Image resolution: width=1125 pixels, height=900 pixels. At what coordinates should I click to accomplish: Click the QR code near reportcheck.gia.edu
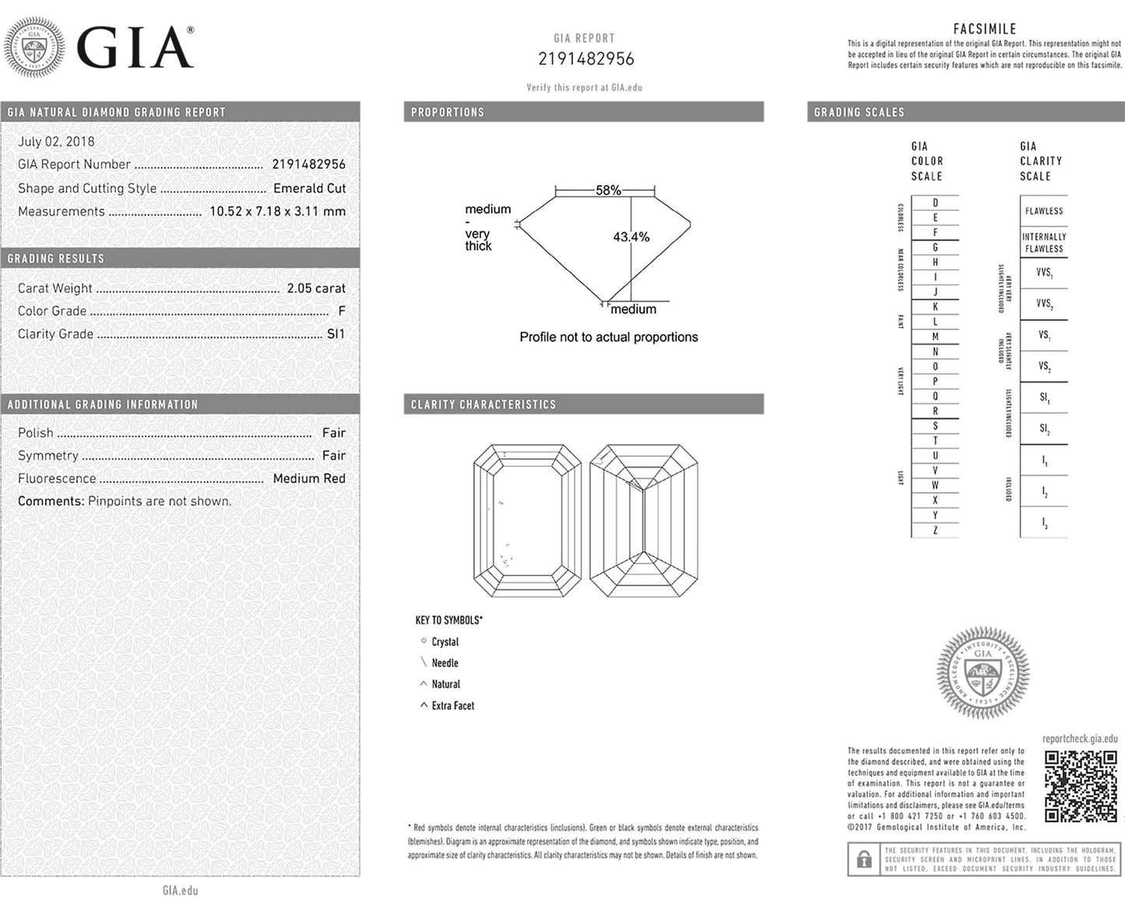point(1081,786)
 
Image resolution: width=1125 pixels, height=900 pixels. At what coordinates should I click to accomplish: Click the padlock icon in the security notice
point(863,860)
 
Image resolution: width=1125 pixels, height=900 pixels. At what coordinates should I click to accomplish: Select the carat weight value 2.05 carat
point(315,288)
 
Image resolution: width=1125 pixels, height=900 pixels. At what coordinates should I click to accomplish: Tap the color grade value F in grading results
point(341,311)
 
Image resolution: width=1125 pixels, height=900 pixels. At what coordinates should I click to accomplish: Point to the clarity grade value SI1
point(336,334)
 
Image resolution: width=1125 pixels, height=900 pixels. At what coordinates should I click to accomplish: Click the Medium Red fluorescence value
point(308,479)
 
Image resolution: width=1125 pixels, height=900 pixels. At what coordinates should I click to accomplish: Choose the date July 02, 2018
point(56,142)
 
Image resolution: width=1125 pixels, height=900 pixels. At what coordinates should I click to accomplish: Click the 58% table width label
point(608,190)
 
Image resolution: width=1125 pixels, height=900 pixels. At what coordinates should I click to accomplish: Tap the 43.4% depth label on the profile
point(631,237)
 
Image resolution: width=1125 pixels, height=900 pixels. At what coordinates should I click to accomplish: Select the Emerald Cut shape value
point(309,188)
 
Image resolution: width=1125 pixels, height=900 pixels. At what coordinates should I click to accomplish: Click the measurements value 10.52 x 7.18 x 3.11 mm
point(277,211)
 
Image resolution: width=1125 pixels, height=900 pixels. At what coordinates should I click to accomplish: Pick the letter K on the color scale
point(935,307)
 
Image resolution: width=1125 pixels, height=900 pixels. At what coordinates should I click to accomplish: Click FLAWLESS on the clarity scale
point(1043,211)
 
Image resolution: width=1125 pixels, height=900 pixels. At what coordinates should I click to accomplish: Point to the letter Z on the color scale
point(935,530)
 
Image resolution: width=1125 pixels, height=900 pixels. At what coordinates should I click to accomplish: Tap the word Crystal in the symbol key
point(445,642)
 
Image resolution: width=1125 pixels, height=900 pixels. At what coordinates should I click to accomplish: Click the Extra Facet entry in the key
point(452,706)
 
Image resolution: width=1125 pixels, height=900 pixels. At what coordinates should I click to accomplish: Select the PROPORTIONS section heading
point(447,112)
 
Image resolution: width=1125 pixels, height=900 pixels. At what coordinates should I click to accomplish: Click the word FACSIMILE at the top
point(984,29)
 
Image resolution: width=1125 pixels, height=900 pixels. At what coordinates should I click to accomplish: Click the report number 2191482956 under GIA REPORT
point(585,59)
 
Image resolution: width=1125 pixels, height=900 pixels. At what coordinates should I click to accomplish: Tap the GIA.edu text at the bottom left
point(180,890)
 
